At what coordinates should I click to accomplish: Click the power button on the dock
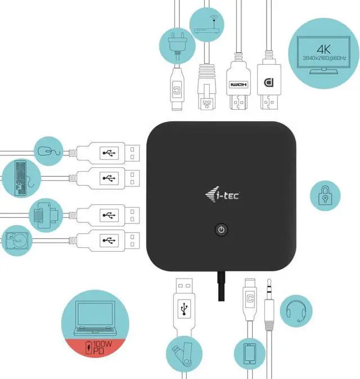(x=222, y=230)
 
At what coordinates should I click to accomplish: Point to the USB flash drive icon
(x=183, y=353)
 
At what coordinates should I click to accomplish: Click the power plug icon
(x=178, y=45)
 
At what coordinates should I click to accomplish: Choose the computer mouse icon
(x=46, y=150)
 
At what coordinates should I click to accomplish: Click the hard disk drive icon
(x=17, y=241)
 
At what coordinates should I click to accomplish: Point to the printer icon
(x=46, y=214)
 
